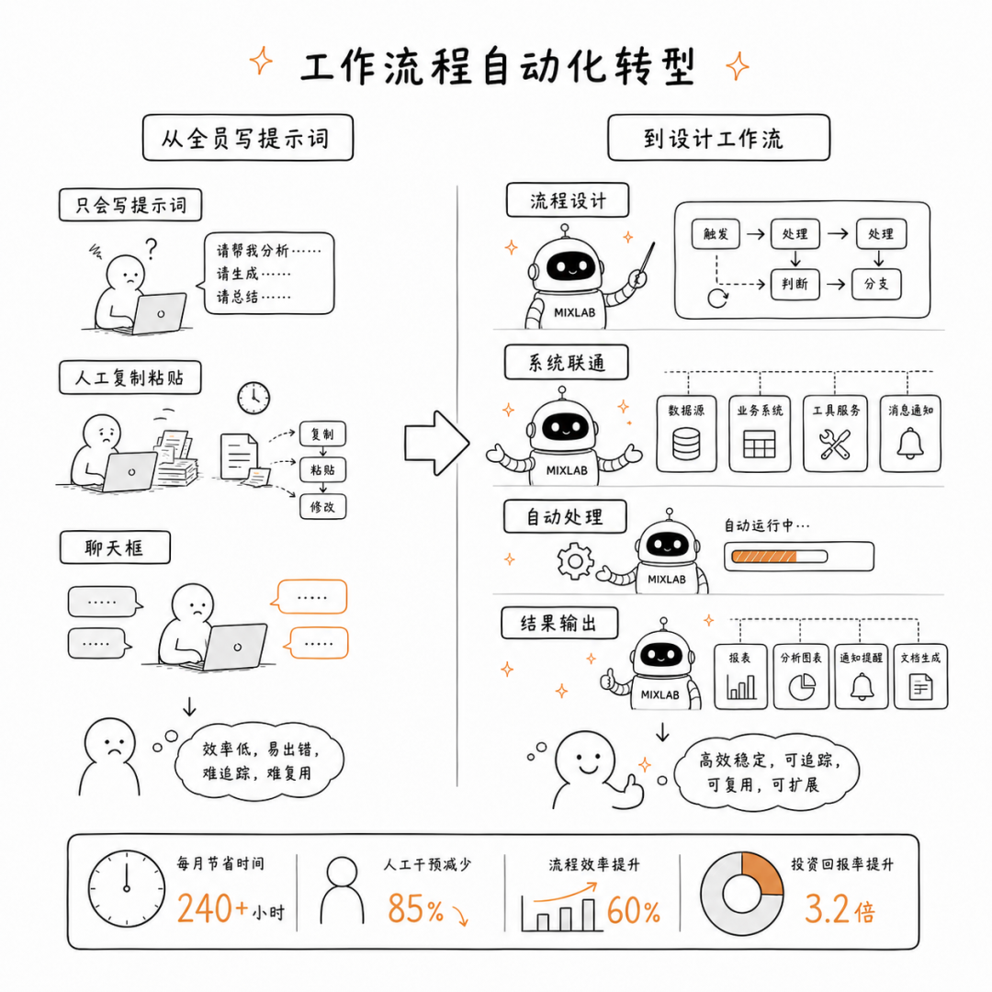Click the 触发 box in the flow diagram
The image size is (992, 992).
(716, 234)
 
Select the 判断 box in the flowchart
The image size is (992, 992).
(795, 284)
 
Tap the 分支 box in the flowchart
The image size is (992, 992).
(876, 284)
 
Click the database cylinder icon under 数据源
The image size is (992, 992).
(686, 444)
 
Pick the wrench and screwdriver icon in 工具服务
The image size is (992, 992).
(835, 445)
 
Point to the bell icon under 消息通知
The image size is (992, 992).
(909, 443)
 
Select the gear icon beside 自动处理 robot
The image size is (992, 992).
(575, 560)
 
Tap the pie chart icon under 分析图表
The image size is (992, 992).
(802, 687)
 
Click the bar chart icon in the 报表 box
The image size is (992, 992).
(741, 686)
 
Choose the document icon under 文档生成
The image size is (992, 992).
(920, 687)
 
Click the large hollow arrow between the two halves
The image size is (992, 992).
(436, 444)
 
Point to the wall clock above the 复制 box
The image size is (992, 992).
(254, 398)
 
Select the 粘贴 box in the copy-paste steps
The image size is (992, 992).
(322, 470)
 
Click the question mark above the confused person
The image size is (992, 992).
(151, 249)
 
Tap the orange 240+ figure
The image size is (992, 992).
(212, 908)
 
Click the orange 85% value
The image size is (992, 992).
(415, 908)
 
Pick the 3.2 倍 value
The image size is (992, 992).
(840, 909)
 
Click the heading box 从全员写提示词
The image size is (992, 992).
(247, 138)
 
